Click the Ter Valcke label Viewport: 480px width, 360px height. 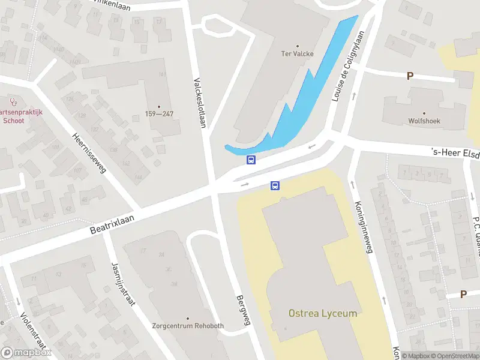click(x=298, y=53)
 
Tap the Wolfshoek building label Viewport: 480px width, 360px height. click(x=424, y=121)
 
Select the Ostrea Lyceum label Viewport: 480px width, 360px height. click(x=323, y=313)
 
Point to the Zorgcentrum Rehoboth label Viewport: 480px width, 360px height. click(x=188, y=326)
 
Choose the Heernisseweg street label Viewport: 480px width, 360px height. click(x=89, y=153)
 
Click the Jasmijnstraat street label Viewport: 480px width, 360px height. click(x=122, y=284)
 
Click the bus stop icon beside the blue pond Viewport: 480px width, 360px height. click(x=251, y=160)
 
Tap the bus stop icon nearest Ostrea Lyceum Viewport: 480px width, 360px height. click(x=275, y=185)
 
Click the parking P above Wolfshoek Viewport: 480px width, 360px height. click(x=410, y=76)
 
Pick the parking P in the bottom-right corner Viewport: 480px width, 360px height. click(x=463, y=294)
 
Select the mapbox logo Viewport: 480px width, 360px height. click(x=26, y=353)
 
